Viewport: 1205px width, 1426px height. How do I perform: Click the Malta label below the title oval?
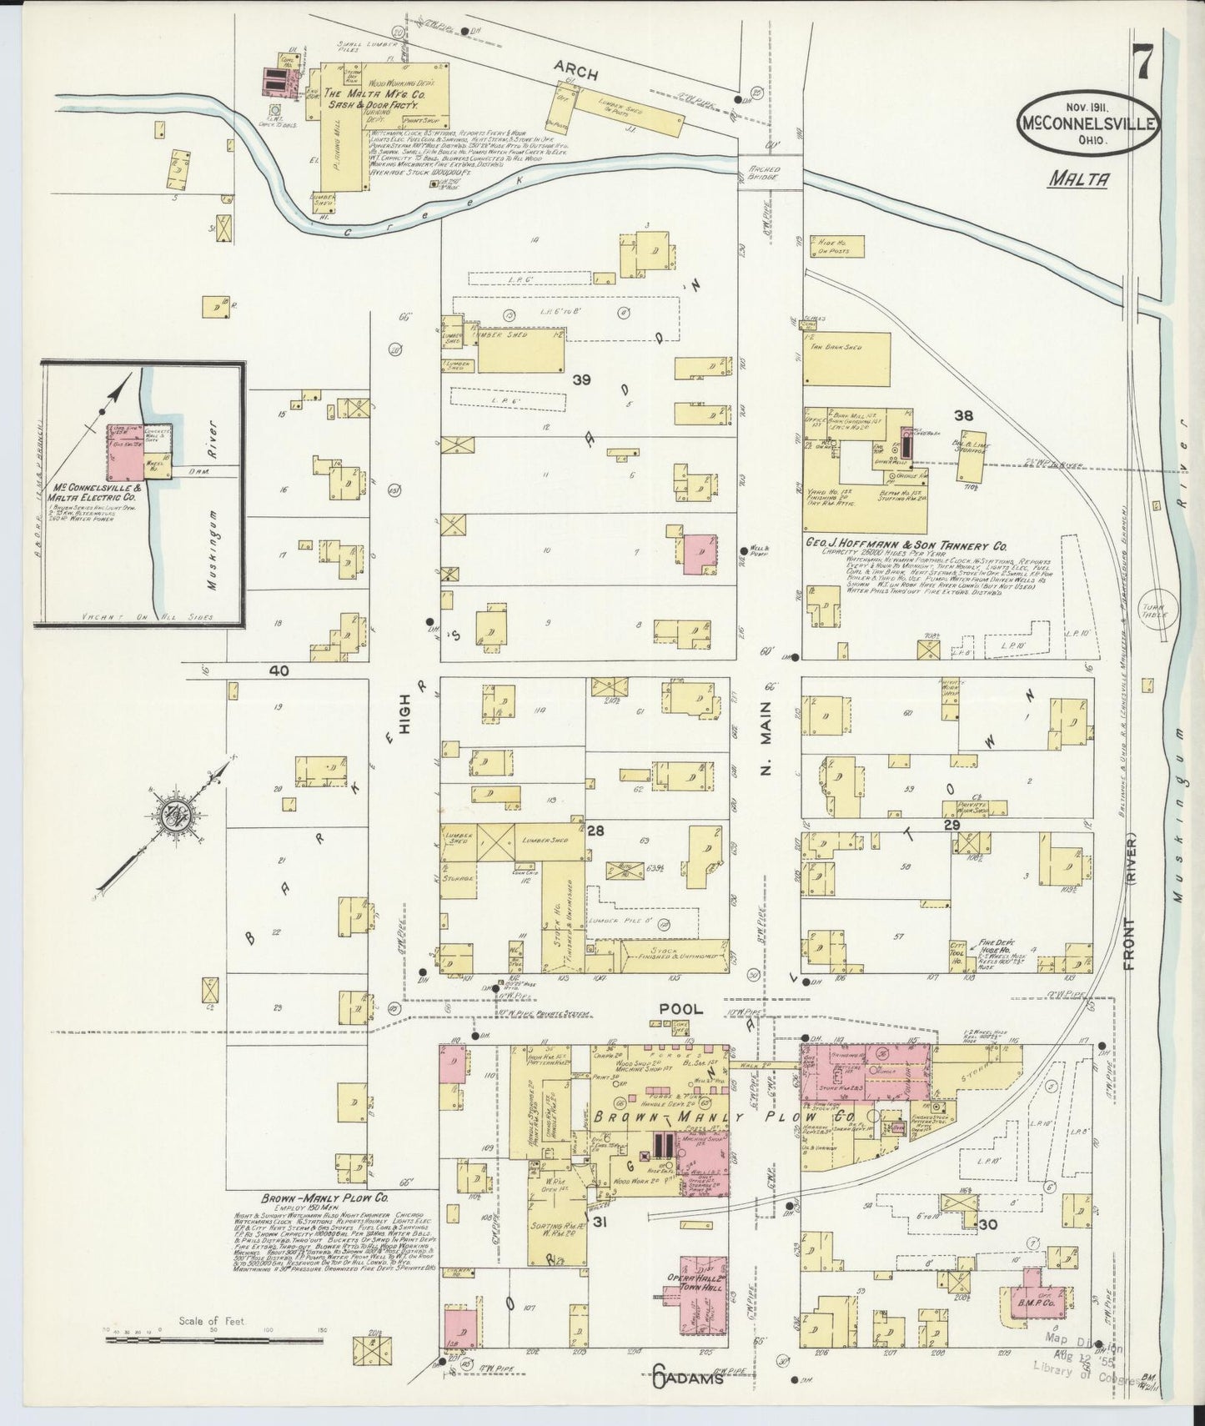pyautogui.click(x=1077, y=178)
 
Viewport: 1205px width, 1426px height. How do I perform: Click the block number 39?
pyautogui.click(x=581, y=380)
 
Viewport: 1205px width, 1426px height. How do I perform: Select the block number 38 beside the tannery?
pyautogui.click(x=964, y=414)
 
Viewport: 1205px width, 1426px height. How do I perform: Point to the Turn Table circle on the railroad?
pyautogui.click(x=1156, y=612)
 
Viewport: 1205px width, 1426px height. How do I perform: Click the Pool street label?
pyautogui.click(x=680, y=1008)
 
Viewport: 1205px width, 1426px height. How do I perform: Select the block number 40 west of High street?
pyautogui.click(x=278, y=670)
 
